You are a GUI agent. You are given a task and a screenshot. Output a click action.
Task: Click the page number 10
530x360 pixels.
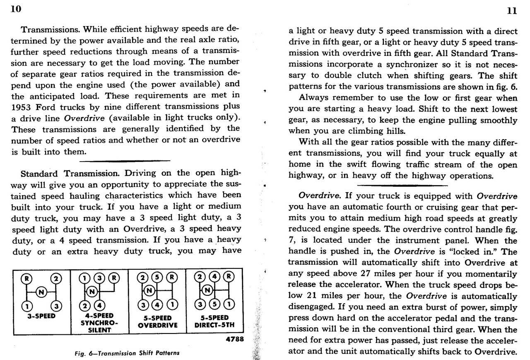pos(16,9)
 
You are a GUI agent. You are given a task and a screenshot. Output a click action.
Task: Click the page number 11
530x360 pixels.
pos(512,11)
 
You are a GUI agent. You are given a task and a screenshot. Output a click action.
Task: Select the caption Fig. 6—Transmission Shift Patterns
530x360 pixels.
pos(128,353)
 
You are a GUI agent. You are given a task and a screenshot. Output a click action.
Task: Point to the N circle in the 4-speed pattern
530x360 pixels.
pos(92,291)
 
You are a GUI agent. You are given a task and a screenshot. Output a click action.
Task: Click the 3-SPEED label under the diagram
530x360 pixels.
pos(41,316)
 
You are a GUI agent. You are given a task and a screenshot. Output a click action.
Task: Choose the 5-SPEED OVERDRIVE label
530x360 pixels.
pos(157,321)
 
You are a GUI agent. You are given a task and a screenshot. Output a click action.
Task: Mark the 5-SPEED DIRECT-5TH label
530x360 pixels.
pos(214,321)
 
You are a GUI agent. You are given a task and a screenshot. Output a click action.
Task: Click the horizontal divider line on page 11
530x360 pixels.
pos(402,185)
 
